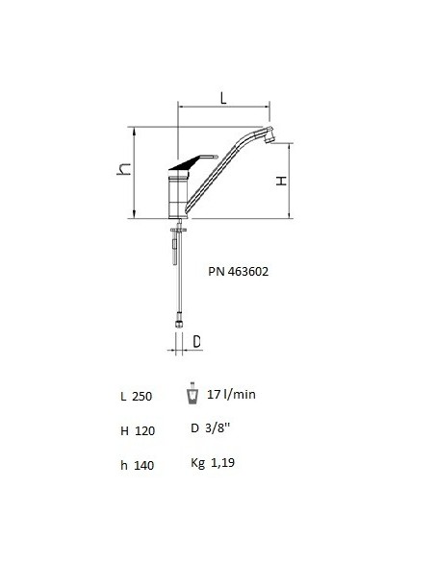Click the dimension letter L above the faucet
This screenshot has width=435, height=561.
pyautogui.click(x=223, y=98)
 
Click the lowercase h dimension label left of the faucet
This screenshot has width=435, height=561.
pyautogui.click(x=124, y=169)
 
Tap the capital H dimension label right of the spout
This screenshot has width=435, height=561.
pyautogui.click(x=282, y=181)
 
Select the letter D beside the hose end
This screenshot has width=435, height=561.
pyautogui.click(x=196, y=342)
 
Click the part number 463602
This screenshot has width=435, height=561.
pyautogui.click(x=248, y=272)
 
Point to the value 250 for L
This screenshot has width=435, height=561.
pyautogui.click(x=142, y=397)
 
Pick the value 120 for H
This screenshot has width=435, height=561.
pyautogui.click(x=144, y=430)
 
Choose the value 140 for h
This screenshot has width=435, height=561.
pyautogui.click(x=144, y=466)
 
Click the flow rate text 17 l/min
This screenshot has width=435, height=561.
pyautogui.click(x=232, y=394)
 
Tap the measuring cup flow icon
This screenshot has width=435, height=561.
pyautogui.click(x=192, y=394)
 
